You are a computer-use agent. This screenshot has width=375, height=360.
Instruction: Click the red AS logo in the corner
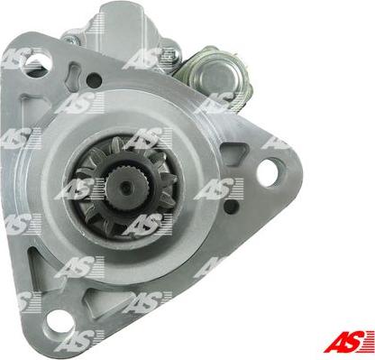[x=349, y=341]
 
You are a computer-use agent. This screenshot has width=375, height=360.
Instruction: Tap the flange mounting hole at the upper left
[x=36, y=61]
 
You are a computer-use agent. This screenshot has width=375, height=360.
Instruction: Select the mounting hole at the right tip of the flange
[x=266, y=170]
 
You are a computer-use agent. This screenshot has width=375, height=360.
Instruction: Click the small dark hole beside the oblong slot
[x=94, y=79]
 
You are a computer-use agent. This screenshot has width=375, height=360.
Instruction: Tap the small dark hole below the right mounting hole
[x=232, y=207]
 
